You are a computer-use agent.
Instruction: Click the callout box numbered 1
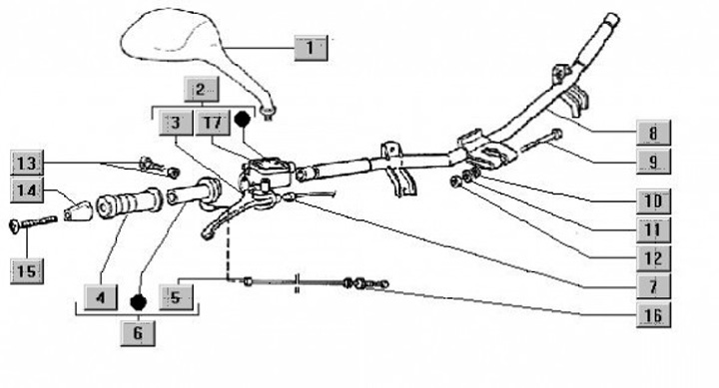pyautogui.click(x=311, y=48)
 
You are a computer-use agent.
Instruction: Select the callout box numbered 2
pyautogui.click(x=202, y=90)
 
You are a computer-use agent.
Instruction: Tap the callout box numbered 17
pyautogui.click(x=213, y=123)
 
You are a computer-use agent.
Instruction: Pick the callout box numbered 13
pyautogui.click(x=27, y=163)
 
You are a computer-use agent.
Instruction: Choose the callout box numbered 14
pyautogui.click(x=27, y=191)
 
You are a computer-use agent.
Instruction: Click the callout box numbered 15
pyautogui.click(x=27, y=271)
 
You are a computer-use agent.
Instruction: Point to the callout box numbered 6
pyautogui.click(x=138, y=333)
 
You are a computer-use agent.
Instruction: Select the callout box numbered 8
pyautogui.click(x=653, y=133)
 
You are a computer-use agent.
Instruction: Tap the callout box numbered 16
pyautogui.click(x=653, y=315)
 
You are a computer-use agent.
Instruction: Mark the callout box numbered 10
pyautogui.click(x=653, y=201)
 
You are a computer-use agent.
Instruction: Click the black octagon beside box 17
pyautogui.click(x=242, y=119)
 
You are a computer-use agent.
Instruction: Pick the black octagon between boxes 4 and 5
pyautogui.click(x=139, y=302)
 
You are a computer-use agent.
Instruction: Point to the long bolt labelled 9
pyautogui.click(x=542, y=141)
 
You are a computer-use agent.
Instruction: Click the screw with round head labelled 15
pyautogui.click(x=33, y=223)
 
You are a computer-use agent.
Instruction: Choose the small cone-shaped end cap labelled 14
pyautogui.click(x=78, y=210)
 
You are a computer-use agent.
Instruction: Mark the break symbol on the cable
pyautogui.click(x=298, y=283)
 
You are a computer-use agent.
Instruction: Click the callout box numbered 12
pyautogui.click(x=653, y=258)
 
